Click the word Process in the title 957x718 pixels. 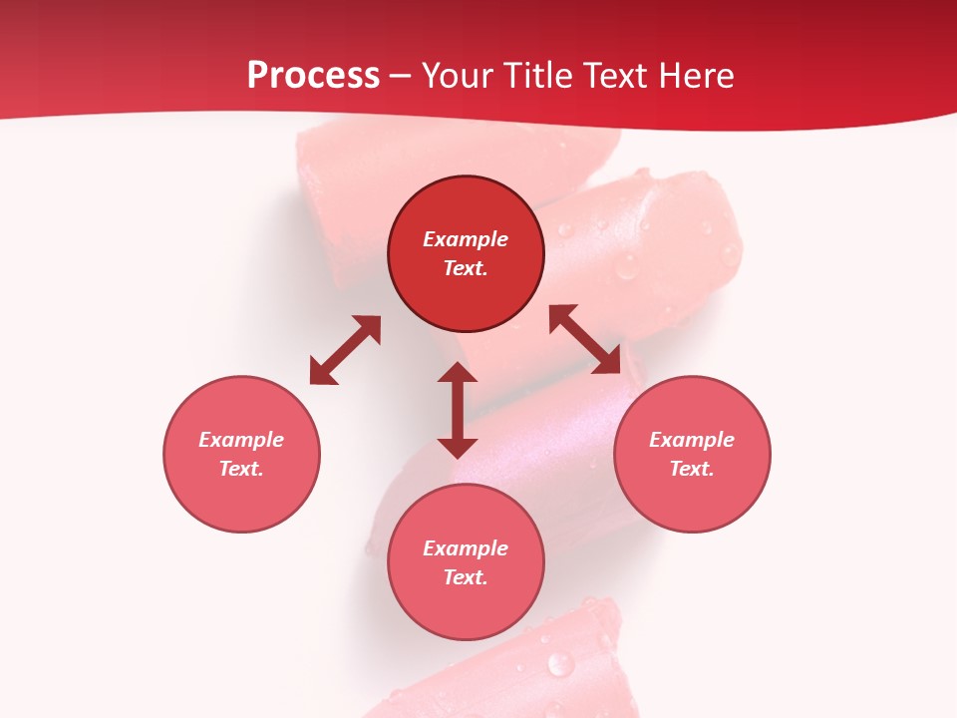[x=313, y=76]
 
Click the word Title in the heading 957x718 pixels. [x=537, y=76]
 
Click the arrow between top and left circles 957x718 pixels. [x=345, y=350]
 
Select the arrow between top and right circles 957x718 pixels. [x=585, y=339]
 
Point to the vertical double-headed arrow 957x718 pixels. [x=458, y=410]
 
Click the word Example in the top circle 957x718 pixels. [x=466, y=239]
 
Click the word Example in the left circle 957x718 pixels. [x=241, y=440]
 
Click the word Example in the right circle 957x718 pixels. [x=692, y=440]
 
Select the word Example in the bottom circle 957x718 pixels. [x=466, y=548]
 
